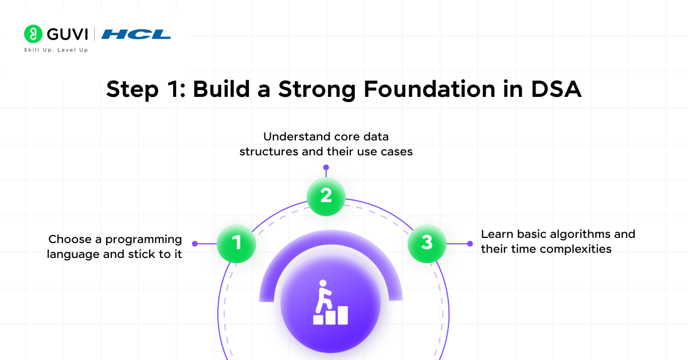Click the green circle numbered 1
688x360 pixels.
(x=236, y=244)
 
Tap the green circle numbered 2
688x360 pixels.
(x=326, y=196)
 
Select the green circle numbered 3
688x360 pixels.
(x=427, y=243)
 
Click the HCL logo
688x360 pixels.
(x=136, y=34)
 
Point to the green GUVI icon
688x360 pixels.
(x=33, y=34)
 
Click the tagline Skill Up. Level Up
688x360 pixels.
(x=56, y=50)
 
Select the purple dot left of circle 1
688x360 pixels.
(x=195, y=244)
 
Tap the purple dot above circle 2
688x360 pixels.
(x=326, y=167)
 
